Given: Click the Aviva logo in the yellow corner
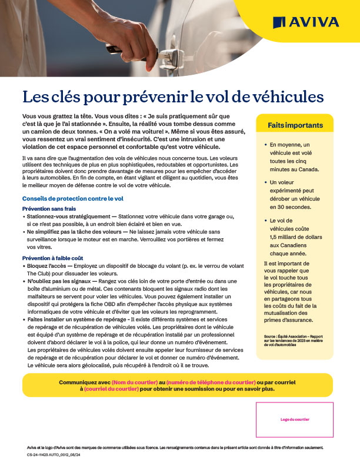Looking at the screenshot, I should (x=305, y=22).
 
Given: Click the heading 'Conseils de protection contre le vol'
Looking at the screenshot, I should (x=72, y=199).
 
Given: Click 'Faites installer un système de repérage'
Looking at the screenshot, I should (x=78, y=318).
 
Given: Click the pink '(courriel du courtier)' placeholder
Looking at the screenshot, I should (x=111, y=389).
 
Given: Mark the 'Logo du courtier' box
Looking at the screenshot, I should (x=295, y=420).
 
